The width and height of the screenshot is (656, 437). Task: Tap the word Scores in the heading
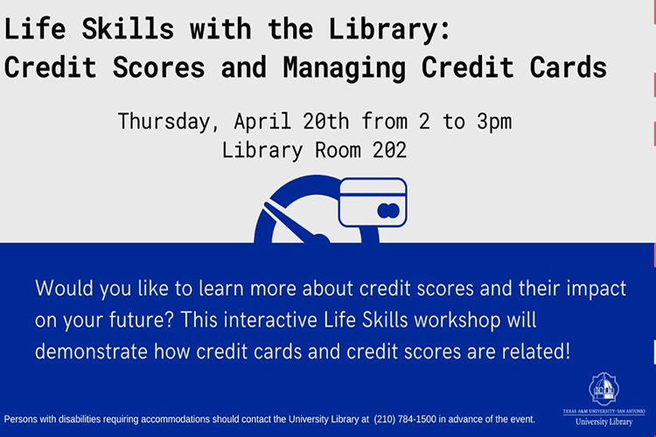pos(159,67)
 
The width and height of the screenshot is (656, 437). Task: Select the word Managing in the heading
pos(345,68)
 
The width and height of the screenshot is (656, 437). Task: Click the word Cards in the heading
pos(569,67)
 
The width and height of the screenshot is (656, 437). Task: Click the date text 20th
pos(326,121)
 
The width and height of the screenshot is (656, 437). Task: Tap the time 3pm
pos(494,122)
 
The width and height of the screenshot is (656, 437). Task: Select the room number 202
pos(389,149)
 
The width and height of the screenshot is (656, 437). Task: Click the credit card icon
pos(373,203)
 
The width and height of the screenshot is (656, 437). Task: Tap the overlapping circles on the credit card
pos(388,211)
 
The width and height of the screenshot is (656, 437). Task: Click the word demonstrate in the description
pos(91,351)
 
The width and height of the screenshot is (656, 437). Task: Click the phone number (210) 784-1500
pos(405,419)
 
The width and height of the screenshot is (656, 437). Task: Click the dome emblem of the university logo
pos(604,388)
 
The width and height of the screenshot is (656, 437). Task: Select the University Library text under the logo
pos(604,422)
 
